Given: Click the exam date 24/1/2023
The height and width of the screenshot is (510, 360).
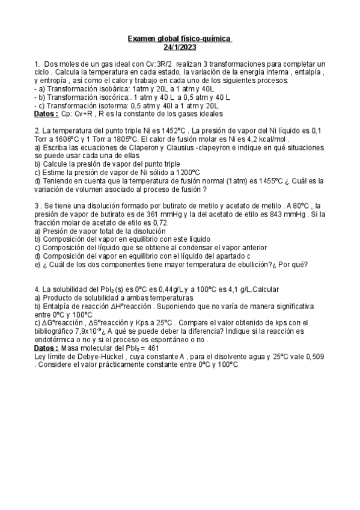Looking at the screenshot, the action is pyautogui.click(x=180, y=48).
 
